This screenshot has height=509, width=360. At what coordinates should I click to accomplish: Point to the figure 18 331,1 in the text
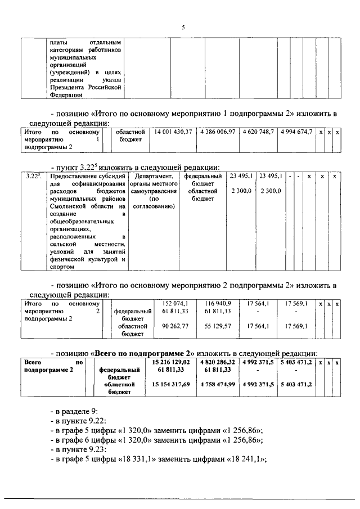click(139, 458)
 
